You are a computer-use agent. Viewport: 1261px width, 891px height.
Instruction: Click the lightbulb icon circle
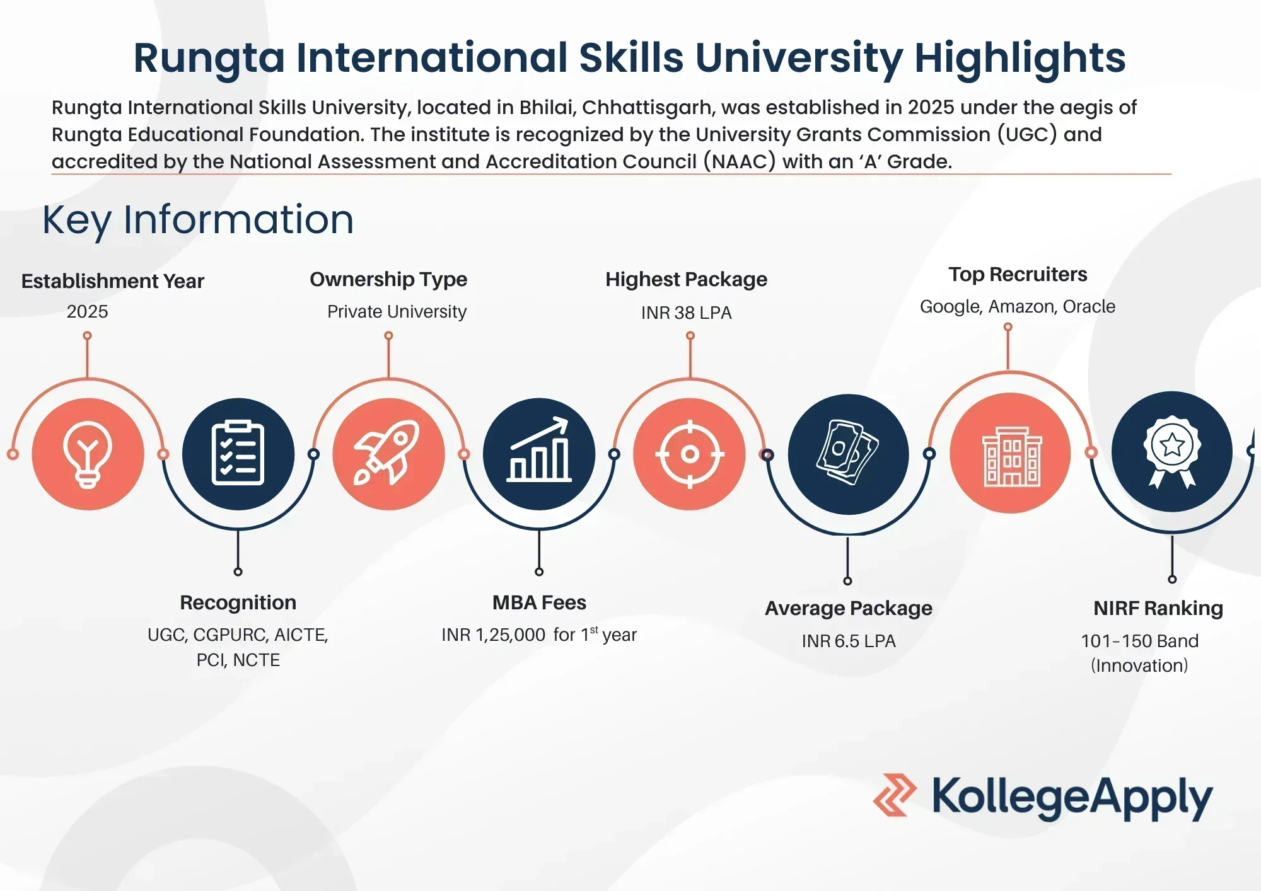[x=88, y=454]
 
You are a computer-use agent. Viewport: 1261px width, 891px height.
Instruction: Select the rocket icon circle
[x=388, y=454]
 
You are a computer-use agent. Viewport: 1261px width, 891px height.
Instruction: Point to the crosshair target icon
[x=690, y=454]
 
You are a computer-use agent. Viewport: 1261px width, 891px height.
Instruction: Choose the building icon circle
[x=1011, y=453]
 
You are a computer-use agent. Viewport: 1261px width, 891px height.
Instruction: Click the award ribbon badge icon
[x=1172, y=451]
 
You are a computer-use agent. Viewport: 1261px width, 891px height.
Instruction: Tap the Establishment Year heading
[x=113, y=281]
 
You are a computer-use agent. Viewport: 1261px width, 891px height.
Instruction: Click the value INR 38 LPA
[x=687, y=313]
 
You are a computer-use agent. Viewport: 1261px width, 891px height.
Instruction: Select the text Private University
[x=397, y=312]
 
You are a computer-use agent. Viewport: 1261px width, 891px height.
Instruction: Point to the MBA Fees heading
[x=539, y=602]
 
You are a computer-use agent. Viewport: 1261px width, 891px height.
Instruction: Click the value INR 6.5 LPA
[x=849, y=641]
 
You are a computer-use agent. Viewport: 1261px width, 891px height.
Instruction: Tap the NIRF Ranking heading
[x=1158, y=608]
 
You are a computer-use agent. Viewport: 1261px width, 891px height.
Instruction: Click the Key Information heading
[x=198, y=220]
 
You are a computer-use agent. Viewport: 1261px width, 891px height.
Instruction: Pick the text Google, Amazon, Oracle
[x=1018, y=307]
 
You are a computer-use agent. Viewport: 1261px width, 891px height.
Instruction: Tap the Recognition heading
[x=238, y=603]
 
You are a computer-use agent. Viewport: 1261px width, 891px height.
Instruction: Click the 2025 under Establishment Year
[x=88, y=311]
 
